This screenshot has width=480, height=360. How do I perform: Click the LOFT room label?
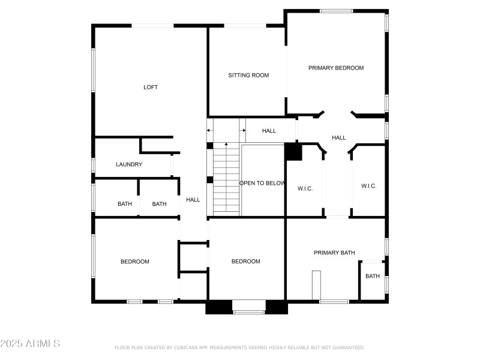[x=151, y=88]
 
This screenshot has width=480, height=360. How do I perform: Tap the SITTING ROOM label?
[x=248, y=76]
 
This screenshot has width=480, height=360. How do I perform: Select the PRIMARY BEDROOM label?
[x=336, y=68]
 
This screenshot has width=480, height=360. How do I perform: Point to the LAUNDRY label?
[x=129, y=164]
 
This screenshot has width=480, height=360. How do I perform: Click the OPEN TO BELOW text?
[x=262, y=184]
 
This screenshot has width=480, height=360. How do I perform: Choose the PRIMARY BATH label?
[x=334, y=253]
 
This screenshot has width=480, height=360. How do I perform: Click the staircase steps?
[x=227, y=180]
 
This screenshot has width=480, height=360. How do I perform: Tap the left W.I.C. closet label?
[x=305, y=188]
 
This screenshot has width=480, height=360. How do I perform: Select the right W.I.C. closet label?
[x=369, y=186]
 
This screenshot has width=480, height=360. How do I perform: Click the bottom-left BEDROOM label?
[x=135, y=262]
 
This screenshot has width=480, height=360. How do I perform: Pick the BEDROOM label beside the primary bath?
[x=246, y=262]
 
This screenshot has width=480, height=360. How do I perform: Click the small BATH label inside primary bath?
[x=373, y=277]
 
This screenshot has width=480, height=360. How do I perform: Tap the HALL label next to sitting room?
[x=269, y=131]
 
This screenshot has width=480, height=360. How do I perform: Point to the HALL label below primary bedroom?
[x=339, y=138]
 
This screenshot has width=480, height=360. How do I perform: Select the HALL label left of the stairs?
[x=193, y=200]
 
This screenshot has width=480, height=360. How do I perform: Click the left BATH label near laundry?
[x=125, y=204]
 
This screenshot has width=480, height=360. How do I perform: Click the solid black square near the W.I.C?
[x=293, y=151]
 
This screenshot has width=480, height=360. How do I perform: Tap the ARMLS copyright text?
[x=30, y=344]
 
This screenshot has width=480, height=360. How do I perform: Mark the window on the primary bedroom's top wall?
[x=336, y=11]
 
